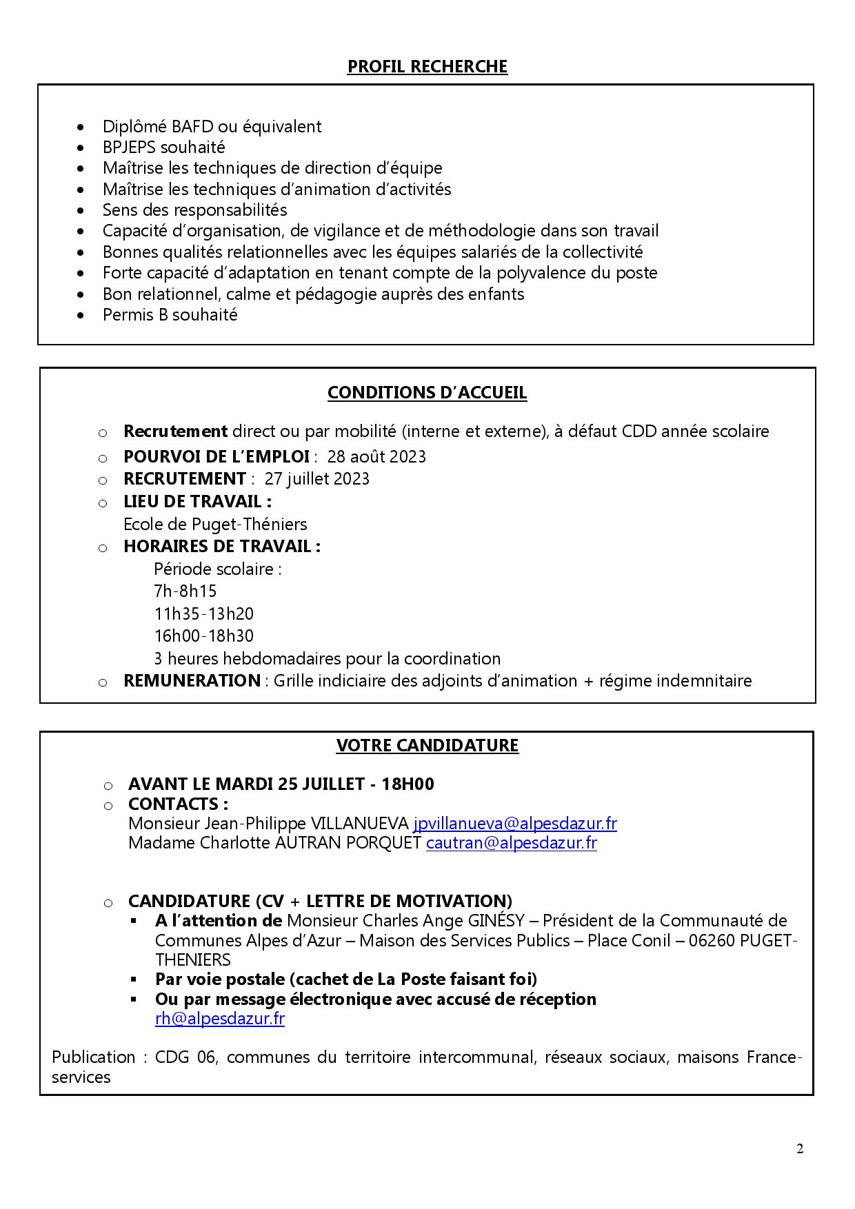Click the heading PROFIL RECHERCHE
[x=427, y=67]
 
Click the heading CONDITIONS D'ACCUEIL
[x=427, y=393]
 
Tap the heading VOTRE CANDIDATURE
[x=427, y=745]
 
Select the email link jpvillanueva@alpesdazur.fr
[x=514, y=824]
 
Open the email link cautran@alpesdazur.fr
[x=511, y=843]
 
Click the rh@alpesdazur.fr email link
[x=219, y=1019]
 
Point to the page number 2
[x=800, y=1148]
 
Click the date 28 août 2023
[x=376, y=457]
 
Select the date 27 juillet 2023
[x=316, y=479]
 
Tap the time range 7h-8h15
[x=185, y=591]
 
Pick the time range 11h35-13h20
[x=203, y=613]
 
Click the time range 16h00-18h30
[x=203, y=636]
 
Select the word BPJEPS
[x=131, y=148]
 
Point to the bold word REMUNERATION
[x=191, y=681]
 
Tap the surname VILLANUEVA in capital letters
[x=359, y=824]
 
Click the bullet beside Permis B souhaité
[x=82, y=316]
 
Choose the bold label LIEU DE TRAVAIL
[x=196, y=502]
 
